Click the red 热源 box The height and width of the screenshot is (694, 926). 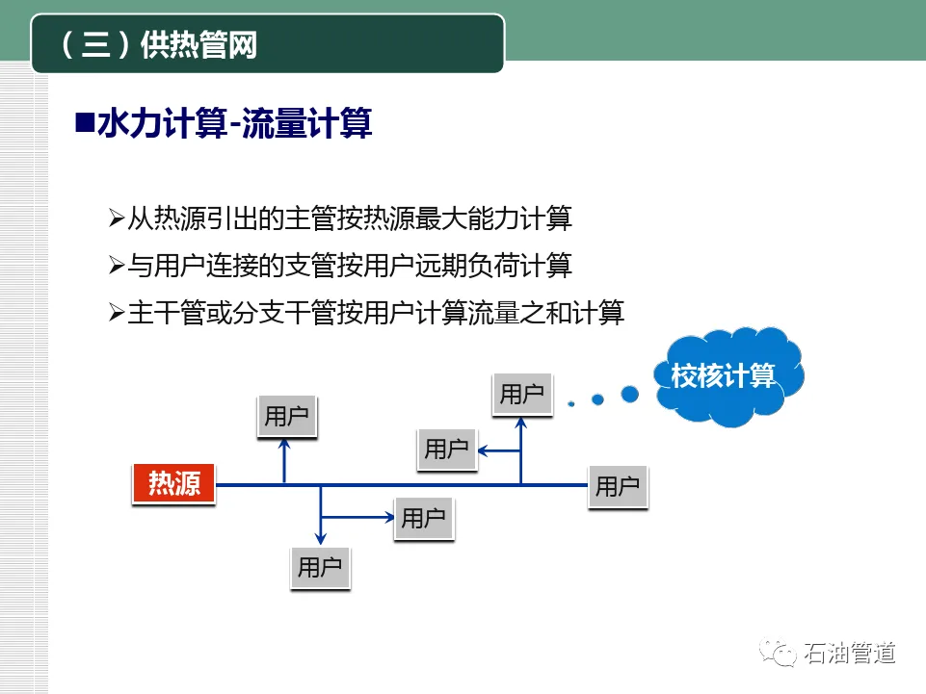point(173,483)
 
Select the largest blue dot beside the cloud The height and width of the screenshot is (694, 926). point(629,394)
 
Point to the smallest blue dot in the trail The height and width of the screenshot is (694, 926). point(569,402)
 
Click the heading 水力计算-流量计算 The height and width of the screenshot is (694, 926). point(234,124)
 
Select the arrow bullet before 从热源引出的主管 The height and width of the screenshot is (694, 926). point(117,218)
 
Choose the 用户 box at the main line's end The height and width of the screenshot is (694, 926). point(618,486)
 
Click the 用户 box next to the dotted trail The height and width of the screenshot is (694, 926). point(522,393)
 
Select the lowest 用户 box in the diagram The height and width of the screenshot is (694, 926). point(320,567)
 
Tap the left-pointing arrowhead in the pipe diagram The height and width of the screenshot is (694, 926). point(486,450)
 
